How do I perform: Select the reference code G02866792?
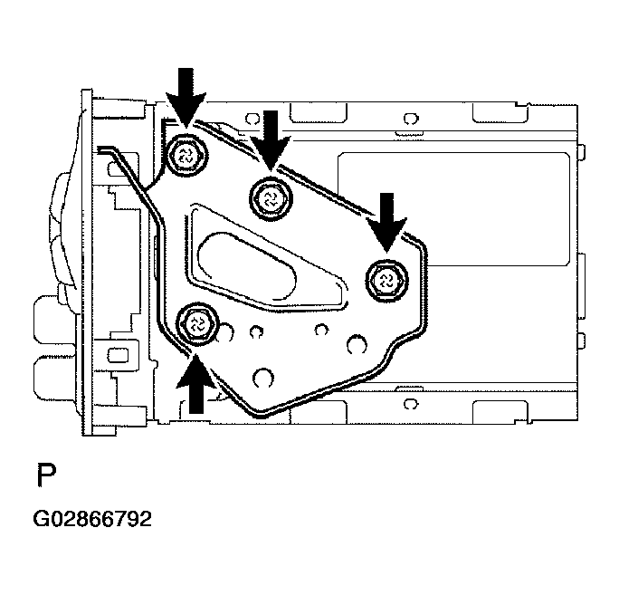(x=92, y=520)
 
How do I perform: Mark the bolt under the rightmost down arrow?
(x=385, y=278)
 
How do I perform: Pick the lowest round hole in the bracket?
(x=263, y=375)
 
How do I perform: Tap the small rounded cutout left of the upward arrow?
(x=116, y=350)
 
